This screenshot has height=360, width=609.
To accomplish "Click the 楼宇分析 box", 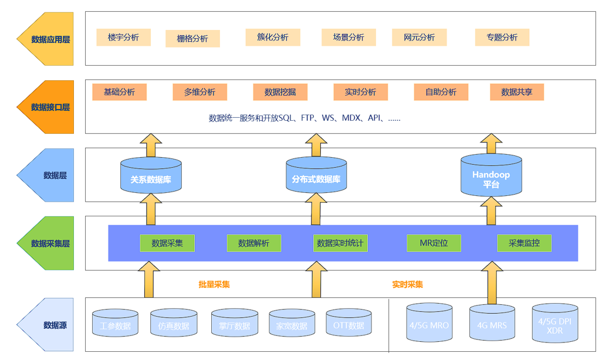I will (123, 38).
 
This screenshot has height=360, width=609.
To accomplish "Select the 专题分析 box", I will (502, 38).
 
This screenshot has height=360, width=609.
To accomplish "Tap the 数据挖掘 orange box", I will (280, 92).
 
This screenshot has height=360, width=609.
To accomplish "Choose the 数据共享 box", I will (517, 92).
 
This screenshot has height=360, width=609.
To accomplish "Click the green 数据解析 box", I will (253, 243).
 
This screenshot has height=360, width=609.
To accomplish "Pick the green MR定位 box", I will (434, 243).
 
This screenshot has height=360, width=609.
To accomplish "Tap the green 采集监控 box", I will (524, 243).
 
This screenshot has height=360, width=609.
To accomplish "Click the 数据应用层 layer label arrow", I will (46, 39).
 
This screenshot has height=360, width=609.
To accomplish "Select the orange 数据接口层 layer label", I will (46, 107).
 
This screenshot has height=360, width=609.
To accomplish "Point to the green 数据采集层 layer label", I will (46, 243).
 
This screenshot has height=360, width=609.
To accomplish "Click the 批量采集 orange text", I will (214, 285).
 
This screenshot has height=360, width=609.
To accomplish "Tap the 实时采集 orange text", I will (408, 285).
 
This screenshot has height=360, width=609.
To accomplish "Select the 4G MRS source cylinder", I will (491, 323).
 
